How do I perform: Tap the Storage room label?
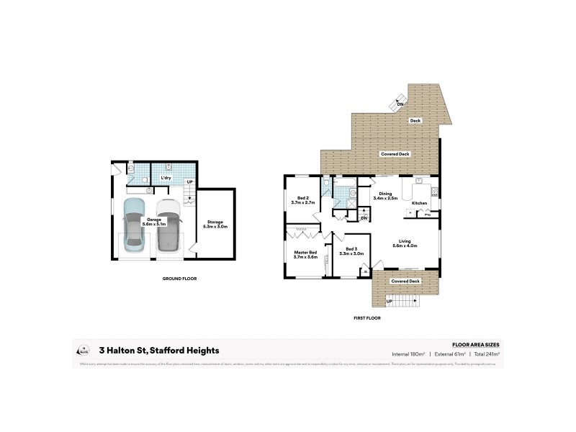pyautogui.click(x=216, y=225)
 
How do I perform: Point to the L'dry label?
pyautogui.click(x=166, y=178)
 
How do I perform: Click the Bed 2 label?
pyautogui.click(x=303, y=201)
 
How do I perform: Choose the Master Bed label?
pyautogui.click(x=306, y=254)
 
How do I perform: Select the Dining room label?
pyautogui.click(x=386, y=195)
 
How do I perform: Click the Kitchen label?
pyautogui.click(x=419, y=203)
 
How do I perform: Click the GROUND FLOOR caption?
pyautogui.click(x=180, y=278)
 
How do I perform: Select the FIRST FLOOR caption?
pyautogui.click(x=366, y=318)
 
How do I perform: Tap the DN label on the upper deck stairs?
pyautogui.click(x=400, y=104)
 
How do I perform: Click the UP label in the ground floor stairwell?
pyautogui.click(x=189, y=181)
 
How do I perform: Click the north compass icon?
pyautogui.click(x=82, y=350)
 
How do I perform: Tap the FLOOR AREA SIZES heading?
pyautogui.click(x=475, y=345)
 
